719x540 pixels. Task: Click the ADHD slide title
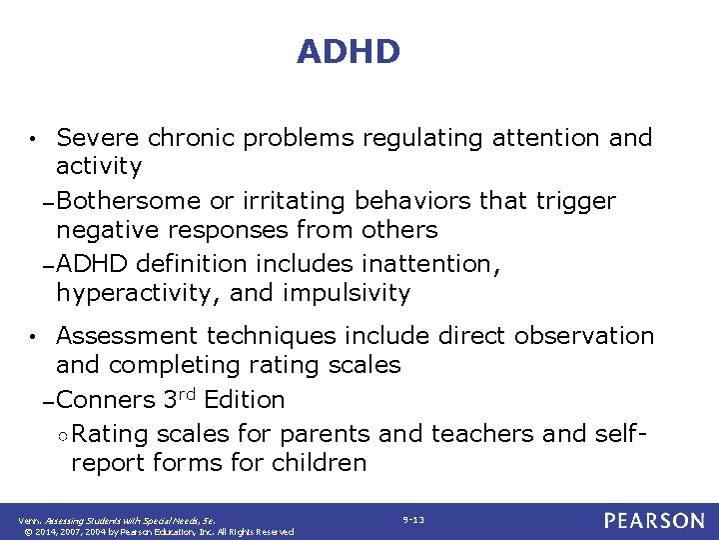pyautogui.click(x=348, y=52)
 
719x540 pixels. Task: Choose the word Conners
pyautogui.click(x=106, y=400)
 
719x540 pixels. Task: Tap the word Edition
pyautogui.click(x=244, y=400)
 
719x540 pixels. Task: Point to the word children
pyautogui.click(x=323, y=463)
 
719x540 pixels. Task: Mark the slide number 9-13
pyautogui.click(x=412, y=520)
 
